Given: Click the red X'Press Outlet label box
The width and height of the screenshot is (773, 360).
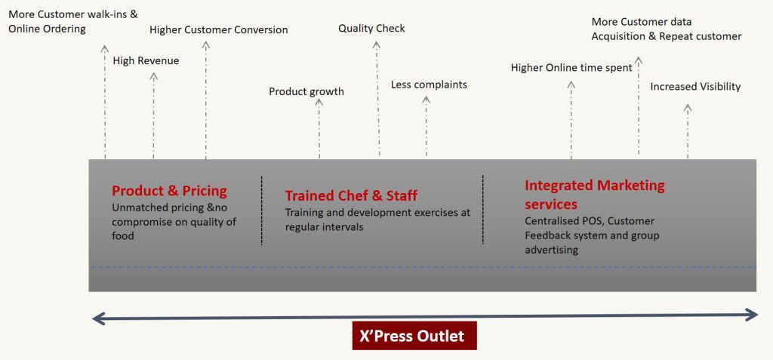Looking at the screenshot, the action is pos(414,336).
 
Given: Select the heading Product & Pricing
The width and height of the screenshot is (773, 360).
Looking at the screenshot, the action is pos(169,191).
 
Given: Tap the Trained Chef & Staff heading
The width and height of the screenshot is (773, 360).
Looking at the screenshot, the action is pos(351,195).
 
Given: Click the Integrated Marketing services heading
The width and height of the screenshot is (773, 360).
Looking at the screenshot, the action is pos(595,195).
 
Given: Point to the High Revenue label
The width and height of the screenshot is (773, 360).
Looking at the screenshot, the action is pos(146,60).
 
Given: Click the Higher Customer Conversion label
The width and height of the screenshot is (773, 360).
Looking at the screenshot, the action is pos(218,29).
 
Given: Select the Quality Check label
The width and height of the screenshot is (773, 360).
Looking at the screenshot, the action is pos(371,29).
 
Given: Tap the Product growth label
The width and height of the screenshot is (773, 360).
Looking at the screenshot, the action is pos(306,92).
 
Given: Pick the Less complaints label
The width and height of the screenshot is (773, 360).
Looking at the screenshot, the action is pos(429,85).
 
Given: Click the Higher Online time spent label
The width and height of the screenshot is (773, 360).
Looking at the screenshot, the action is pos(571,68).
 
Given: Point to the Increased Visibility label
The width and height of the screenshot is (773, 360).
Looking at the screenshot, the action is pos(695,87).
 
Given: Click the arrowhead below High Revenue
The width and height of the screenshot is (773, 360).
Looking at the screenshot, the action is pos(154,76).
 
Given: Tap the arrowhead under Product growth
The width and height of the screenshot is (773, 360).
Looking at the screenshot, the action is pos(319,102).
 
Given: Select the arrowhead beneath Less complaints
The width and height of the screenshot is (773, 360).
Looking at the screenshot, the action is pos(427,99).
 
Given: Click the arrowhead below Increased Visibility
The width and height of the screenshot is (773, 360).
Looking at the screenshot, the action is pos(688,107).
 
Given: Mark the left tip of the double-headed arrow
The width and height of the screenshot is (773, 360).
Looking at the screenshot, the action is pos(93,319).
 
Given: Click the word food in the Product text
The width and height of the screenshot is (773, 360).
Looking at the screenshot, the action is pos(123,236).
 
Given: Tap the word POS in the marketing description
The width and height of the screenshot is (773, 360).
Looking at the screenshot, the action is pos(592,221).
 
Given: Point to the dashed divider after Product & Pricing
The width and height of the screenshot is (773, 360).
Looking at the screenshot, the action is pos(262,210).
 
